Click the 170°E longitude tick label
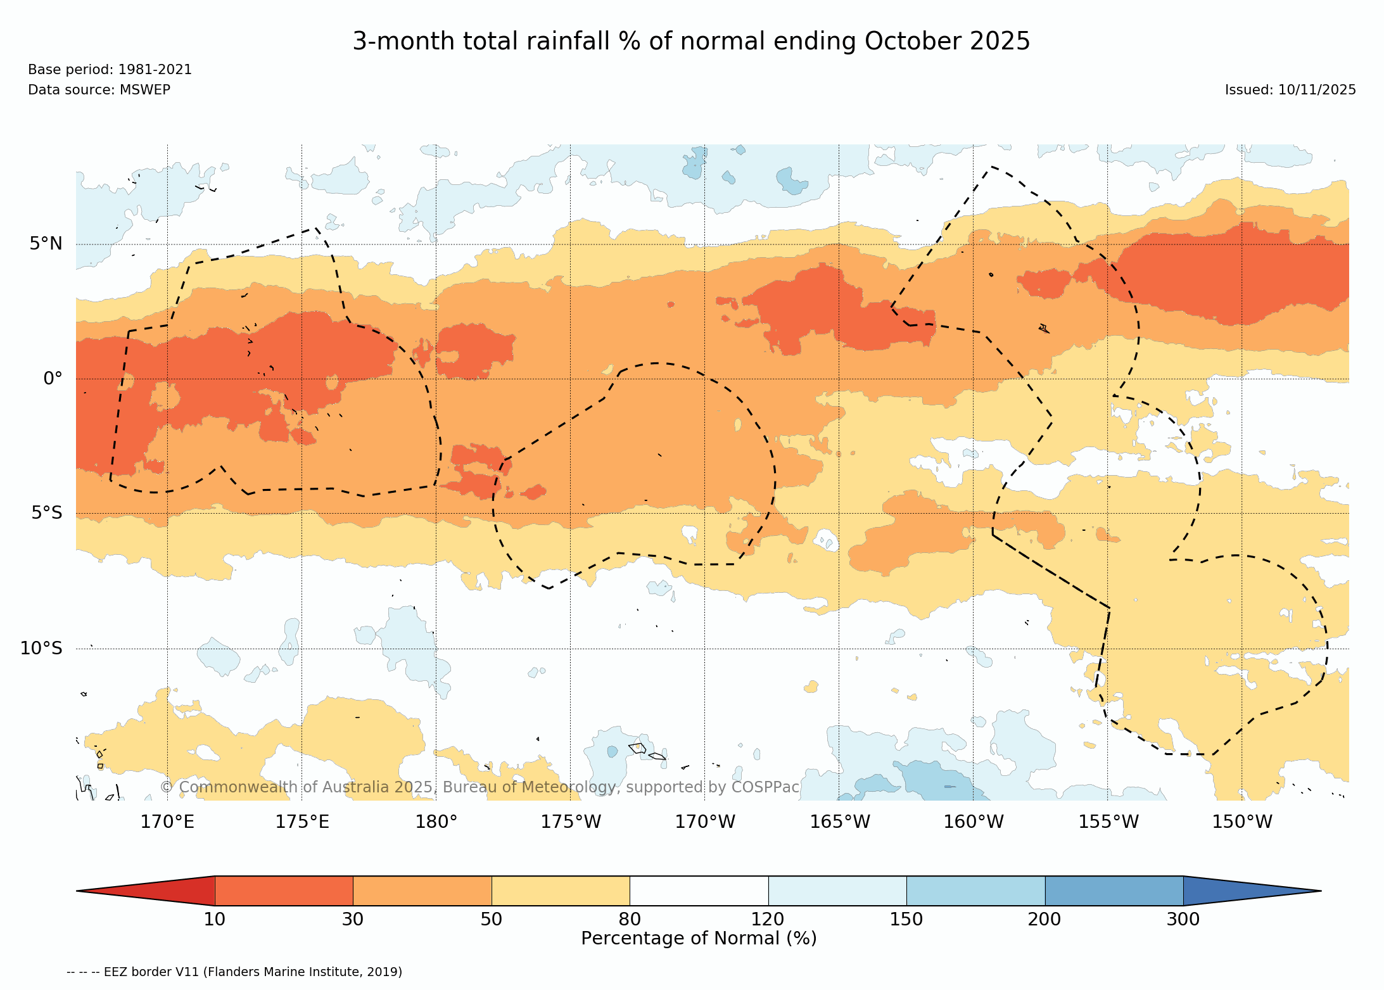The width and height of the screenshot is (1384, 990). pyautogui.click(x=167, y=822)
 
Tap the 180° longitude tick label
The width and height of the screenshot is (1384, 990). pyautogui.click(x=436, y=822)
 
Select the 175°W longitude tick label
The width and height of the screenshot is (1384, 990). pyautogui.click(x=570, y=822)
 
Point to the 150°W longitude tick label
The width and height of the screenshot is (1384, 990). pyautogui.click(x=1241, y=822)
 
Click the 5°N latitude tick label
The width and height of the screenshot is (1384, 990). pyautogui.click(x=46, y=244)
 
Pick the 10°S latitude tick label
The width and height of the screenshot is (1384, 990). pyautogui.click(x=42, y=649)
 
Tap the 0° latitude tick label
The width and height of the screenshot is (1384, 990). pyautogui.click(x=53, y=379)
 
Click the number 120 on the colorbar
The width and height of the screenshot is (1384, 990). pyautogui.click(x=768, y=919)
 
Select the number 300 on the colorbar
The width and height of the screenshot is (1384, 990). pyautogui.click(x=1183, y=919)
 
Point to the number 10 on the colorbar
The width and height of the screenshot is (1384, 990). pyautogui.click(x=214, y=919)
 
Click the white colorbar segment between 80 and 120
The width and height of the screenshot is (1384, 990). pyautogui.click(x=699, y=891)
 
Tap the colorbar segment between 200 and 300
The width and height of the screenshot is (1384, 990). pyautogui.click(x=1114, y=891)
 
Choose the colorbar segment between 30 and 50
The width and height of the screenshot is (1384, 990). pyautogui.click(x=422, y=891)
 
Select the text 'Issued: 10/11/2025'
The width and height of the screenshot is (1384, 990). pyautogui.click(x=1290, y=90)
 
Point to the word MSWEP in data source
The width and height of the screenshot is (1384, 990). pyautogui.click(x=145, y=90)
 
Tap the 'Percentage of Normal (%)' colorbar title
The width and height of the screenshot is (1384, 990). pyautogui.click(x=699, y=938)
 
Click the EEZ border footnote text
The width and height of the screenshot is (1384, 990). pyautogui.click(x=234, y=972)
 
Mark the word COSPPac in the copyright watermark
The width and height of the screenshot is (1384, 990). pyautogui.click(x=765, y=787)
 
